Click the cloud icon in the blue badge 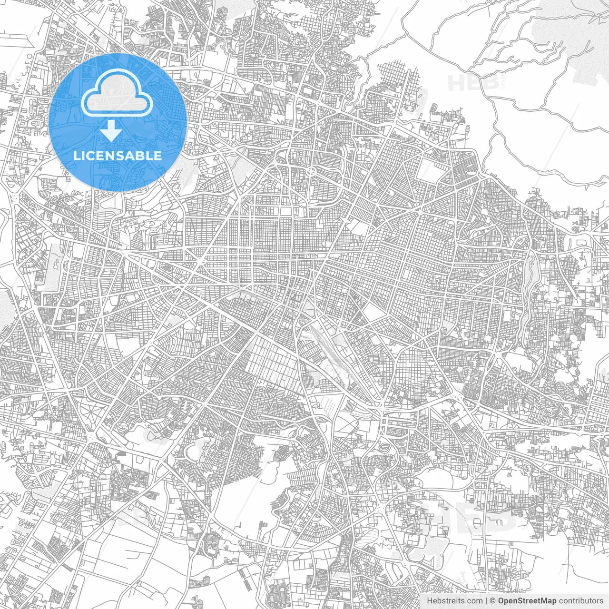(x=117, y=97)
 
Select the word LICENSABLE (x=118, y=156)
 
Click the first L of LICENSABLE (x=76, y=156)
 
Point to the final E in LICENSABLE (x=158, y=156)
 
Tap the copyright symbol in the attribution (x=493, y=601)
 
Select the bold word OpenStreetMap (x=527, y=601)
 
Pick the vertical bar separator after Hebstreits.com (x=486, y=601)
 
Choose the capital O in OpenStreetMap (x=501, y=601)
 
